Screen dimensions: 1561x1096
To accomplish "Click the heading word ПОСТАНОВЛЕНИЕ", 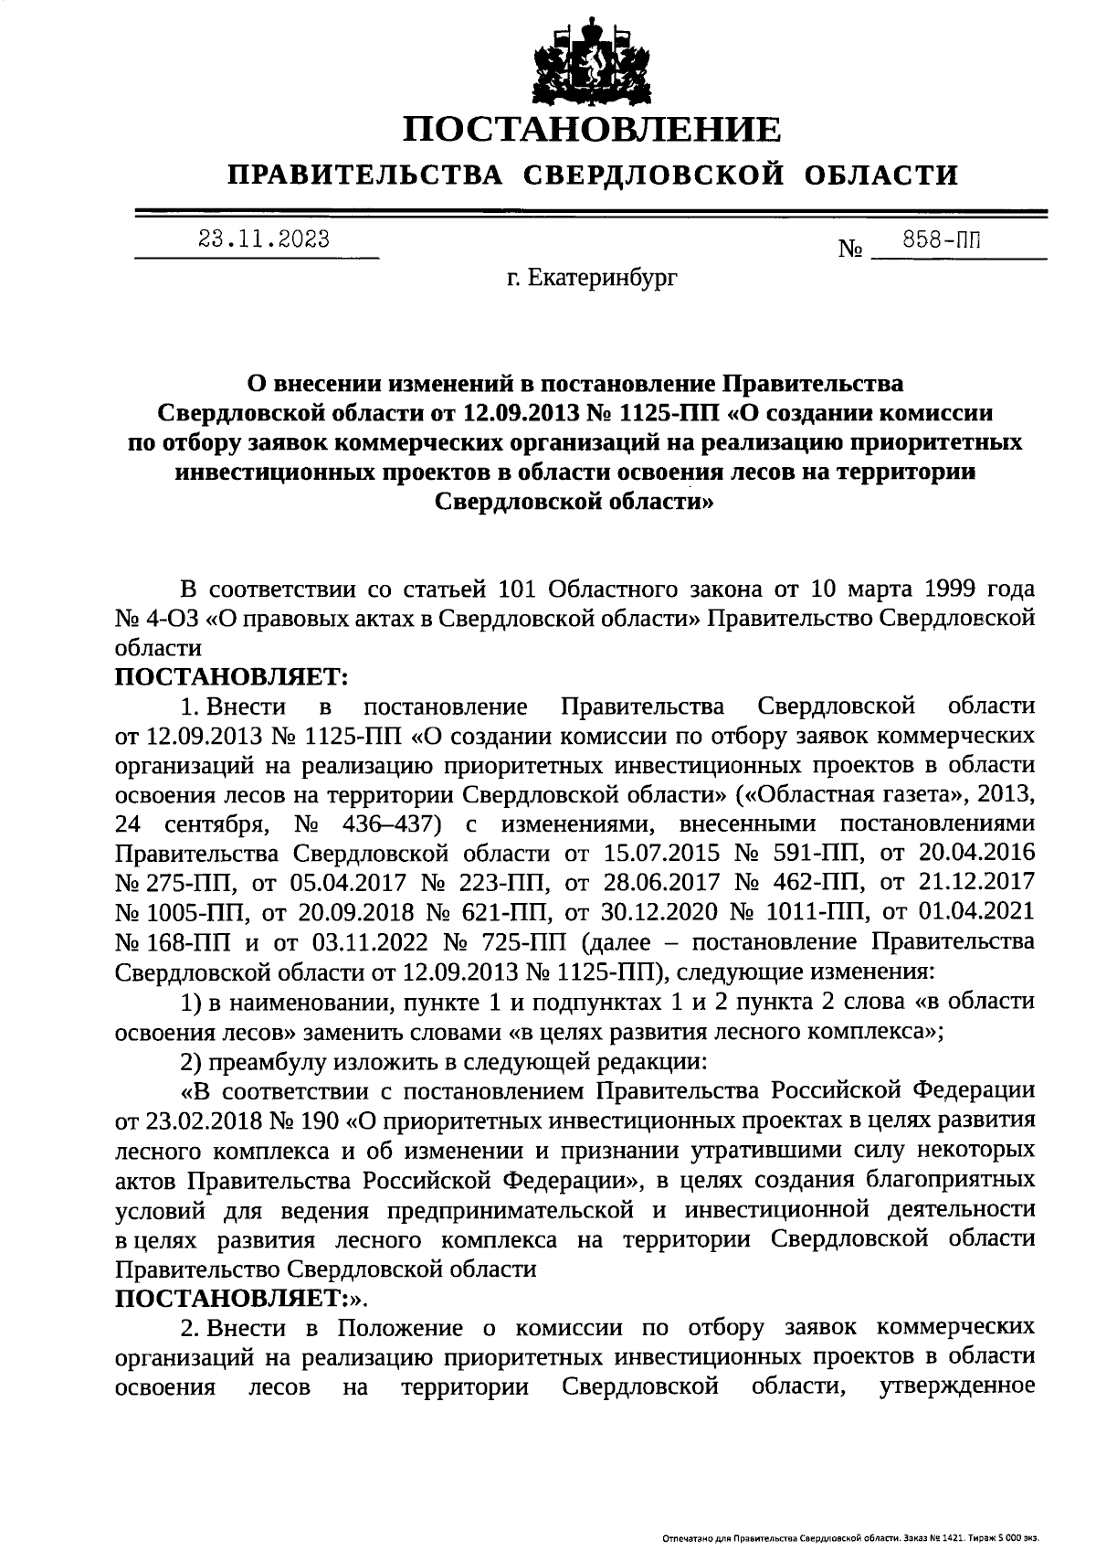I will pos(592,131).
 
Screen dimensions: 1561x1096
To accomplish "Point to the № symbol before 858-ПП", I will pos(850,249).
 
